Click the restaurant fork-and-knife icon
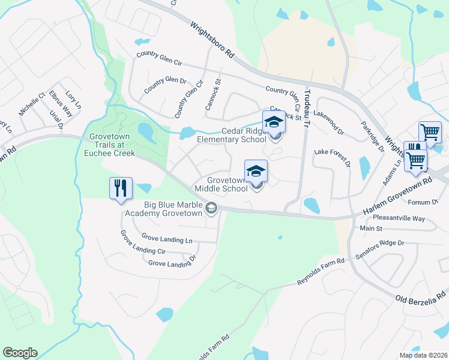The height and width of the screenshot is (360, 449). (x=121, y=188)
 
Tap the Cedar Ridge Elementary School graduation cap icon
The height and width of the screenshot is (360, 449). (x=274, y=121)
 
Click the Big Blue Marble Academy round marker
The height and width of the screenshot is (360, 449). (x=211, y=208)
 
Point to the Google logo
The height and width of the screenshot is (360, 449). (x=20, y=353)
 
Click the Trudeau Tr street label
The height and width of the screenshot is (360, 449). (x=307, y=107)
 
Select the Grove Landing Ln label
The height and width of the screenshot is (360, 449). (x=167, y=239)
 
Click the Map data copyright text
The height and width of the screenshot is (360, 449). (x=423, y=355)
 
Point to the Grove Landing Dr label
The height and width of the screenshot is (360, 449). (x=172, y=263)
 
